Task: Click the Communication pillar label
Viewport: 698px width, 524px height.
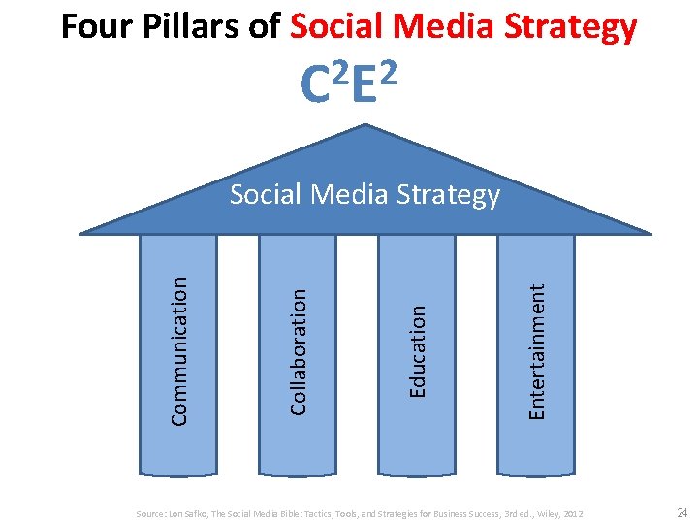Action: [179, 350]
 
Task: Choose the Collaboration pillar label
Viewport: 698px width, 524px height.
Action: [300, 349]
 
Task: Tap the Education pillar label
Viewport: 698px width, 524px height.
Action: [418, 350]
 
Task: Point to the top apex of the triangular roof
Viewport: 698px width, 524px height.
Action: [365, 126]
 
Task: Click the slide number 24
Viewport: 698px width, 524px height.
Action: [680, 511]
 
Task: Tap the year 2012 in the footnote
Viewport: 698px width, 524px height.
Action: [573, 512]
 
